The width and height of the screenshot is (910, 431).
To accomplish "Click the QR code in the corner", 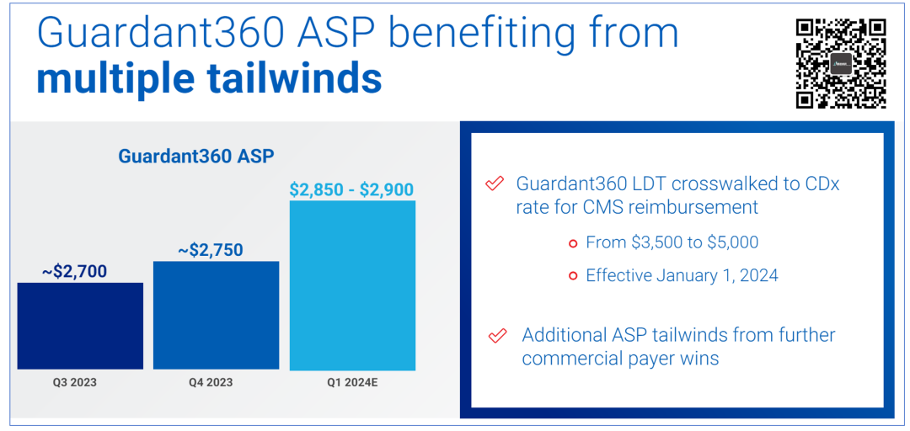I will pyautogui.click(x=840, y=63).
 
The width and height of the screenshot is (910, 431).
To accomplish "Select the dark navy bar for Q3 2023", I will pyautogui.click(x=80, y=326).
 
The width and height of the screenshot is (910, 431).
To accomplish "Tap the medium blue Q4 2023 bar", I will pyautogui.click(x=216, y=315).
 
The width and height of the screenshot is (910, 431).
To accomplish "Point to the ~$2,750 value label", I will pyautogui.click(x=211, y=250).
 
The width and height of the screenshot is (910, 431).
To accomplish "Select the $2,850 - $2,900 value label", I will pyautogui.click(x=351, y=189).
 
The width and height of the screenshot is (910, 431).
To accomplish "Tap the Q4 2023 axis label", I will pyautogui.click(x=211, y=382).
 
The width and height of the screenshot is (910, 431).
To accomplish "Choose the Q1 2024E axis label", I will pyautogui.click(x=352, y=382).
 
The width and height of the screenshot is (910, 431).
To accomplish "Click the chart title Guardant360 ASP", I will pyautogui.click(x=196, y=156).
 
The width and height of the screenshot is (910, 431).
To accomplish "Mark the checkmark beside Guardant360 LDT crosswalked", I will pyautogui.click(x=495, y=184).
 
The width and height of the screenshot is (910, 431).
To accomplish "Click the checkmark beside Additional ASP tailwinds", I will pyautogui.click(x=498, y=336).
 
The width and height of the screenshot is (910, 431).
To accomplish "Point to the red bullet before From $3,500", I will pyautogui.click(x=573, y=243).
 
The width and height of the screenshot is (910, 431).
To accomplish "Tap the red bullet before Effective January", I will pyautogui.click(x=573, y=275).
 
